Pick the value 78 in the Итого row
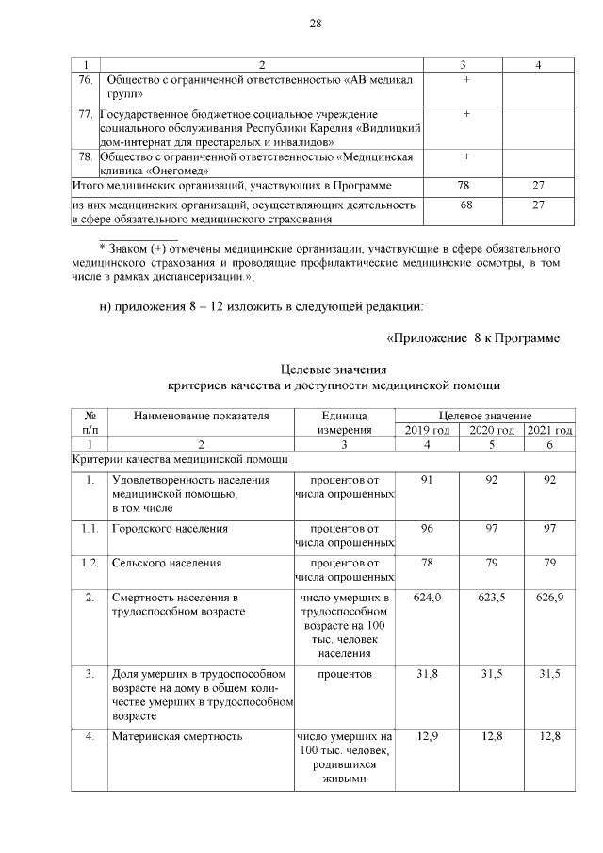coord(464,187)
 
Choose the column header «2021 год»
coord(549,430)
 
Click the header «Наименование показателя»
coord(199,416)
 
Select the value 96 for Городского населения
coord(427,529)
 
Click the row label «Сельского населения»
coord(167,563)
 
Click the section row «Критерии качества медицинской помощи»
coord(180,459)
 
